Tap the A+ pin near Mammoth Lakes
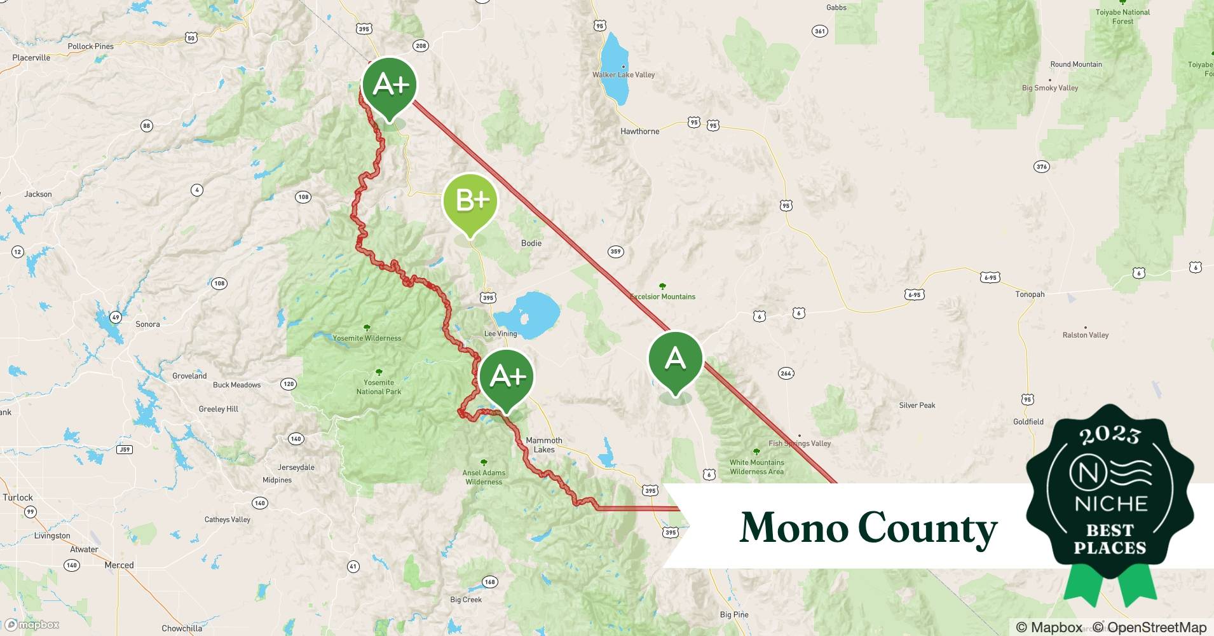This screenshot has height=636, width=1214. tap(507, 377)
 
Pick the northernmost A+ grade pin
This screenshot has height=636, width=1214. tap(389, 85)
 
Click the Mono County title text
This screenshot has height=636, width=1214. tap(868, 528)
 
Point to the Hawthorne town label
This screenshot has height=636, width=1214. tap(639, 132)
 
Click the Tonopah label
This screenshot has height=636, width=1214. tap(1030, 294)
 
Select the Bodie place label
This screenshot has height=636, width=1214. tap(531, 243)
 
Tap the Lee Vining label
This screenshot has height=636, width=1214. tap(500, 333)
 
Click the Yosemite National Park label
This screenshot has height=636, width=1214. tap(379, 387)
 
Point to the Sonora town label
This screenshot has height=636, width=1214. tap(147, 324)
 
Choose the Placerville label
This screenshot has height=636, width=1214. tap(31, 58)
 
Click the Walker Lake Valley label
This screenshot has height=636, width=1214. tap(624, 75)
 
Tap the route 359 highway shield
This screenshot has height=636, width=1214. tap(615, 252)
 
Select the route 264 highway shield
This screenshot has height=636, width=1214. tap(786, 373)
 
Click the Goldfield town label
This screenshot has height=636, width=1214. tap(1028, 422)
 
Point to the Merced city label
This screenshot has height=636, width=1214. tap(119, 565)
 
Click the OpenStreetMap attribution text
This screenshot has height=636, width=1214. tap(1156, 628)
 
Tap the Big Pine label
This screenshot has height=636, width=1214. tap(734, 615)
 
